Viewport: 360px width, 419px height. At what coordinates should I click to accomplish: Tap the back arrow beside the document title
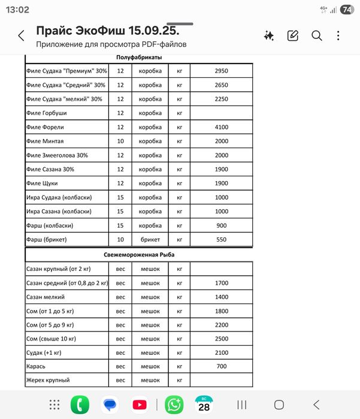pyautogui.click(x=22, y=36)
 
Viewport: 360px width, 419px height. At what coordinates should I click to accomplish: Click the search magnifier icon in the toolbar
pyautogui.click(x=316, y=36)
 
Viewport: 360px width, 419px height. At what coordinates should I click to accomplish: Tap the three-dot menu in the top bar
pyautogui.click(x=339, y=36)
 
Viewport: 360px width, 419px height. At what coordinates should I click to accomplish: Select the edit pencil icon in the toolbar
pyautogui.click(x=293, y=36)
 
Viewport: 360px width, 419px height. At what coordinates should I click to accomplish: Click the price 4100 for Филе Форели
pyautogui.click(x=222, y=127)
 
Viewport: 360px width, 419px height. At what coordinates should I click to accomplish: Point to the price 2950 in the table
pyautogui.click(x=222, y=71)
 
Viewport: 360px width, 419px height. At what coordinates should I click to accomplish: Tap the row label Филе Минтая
pyautogui.click(x=45, y=141)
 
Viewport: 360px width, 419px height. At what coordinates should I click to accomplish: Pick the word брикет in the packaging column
pyautogui.click(x=150, y=239)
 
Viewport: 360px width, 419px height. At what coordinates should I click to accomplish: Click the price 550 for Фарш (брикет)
pyautogui.click(x=222, y=239)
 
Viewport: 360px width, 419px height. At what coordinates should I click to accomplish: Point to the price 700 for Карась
pyautogui.click(x=222, y=366)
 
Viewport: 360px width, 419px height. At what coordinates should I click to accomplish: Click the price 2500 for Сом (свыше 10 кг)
pyautogui.click(x=222, y=339)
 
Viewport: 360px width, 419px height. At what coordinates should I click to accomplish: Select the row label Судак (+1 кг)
pyautogui.click(x=47, y=352)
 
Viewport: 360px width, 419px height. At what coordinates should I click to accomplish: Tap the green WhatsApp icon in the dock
pyautogui.click(x=174, y=405)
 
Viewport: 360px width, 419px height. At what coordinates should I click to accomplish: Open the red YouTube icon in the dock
pyautogui.click(x=140, y=405)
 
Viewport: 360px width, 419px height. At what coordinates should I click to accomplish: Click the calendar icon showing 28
pyautogui.click(x=204, y=405)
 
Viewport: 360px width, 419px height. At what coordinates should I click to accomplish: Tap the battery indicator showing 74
pyautogui.click(x=346, y=10)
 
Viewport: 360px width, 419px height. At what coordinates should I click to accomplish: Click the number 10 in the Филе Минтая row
pyautogui.click(x=120, y=141)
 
